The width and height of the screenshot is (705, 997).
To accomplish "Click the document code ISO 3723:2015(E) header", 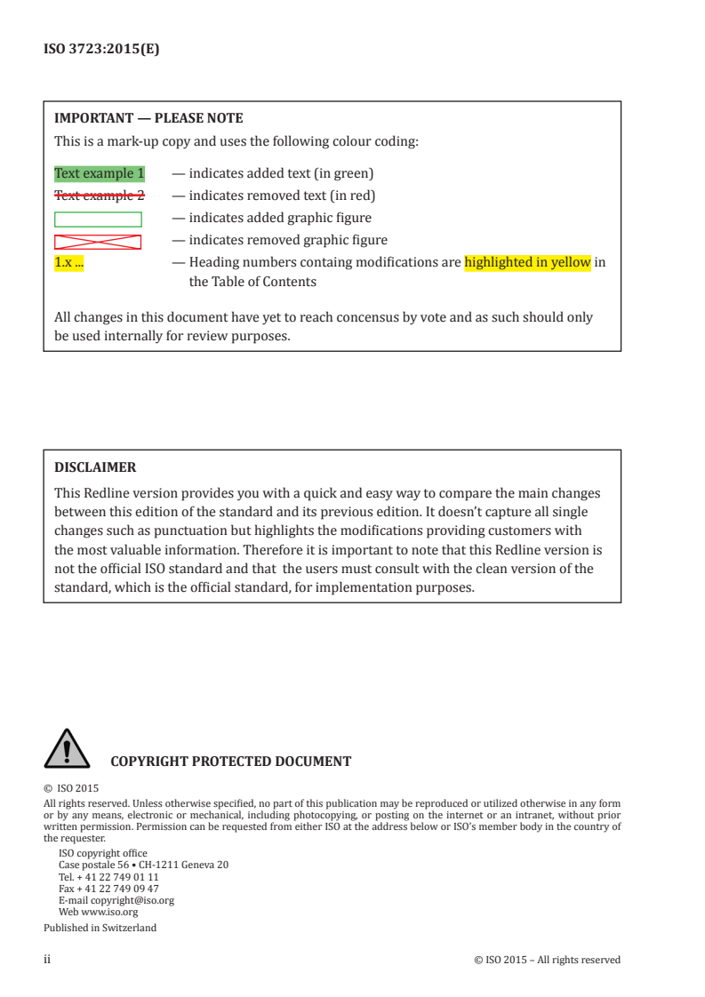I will tap(101, 50).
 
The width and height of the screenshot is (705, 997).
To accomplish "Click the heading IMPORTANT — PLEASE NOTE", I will tap(148, 118).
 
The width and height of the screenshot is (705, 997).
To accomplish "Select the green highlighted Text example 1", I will tap(100, 173).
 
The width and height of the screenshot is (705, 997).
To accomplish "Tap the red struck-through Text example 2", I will tap(100, 195).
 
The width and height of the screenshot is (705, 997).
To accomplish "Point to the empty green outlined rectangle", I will tap(98, 219).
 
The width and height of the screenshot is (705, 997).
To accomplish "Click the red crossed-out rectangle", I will tap(98, 241).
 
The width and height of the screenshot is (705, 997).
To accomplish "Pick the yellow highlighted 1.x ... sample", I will tap(69, 262).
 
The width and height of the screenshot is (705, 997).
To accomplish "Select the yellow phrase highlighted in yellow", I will tap(527, 262).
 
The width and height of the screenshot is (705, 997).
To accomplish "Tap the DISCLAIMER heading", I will tap(95, 467).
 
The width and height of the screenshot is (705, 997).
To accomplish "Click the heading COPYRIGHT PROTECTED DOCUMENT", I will tap(230, 762).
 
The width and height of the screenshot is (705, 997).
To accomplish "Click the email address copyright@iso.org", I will tap(132, 900).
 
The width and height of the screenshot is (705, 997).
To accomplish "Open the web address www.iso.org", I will tap(109, 912).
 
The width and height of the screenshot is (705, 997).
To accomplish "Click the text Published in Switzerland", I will tap(100, 928).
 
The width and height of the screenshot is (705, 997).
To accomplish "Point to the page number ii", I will tap(47, 960).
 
